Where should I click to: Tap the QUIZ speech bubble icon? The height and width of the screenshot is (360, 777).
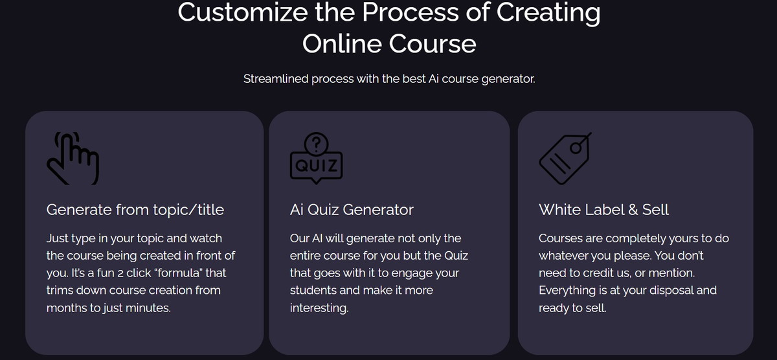(316, 163)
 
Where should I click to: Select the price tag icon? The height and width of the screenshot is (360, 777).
(565, 159)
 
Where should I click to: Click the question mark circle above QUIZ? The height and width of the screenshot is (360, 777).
(316, 144)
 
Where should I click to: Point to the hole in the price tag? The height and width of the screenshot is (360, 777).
(576, 148)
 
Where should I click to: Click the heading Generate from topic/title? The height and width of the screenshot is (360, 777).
(135, 210)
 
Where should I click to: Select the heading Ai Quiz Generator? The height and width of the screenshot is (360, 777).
(352, 210)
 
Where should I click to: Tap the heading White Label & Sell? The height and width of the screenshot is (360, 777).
(604, 210)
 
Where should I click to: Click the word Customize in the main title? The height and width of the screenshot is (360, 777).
(243, 12)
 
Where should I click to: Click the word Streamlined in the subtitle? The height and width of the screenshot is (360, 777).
(276, 79)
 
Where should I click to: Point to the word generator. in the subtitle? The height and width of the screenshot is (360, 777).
(508, 80)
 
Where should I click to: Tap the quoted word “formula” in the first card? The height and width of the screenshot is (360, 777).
(179, 273)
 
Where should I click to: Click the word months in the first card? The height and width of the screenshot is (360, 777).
(67, 308)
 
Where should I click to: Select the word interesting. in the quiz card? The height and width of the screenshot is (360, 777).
(319, 308)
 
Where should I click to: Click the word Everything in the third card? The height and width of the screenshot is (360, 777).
(567, 291)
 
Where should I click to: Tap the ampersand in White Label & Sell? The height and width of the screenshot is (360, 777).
(633, 210)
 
